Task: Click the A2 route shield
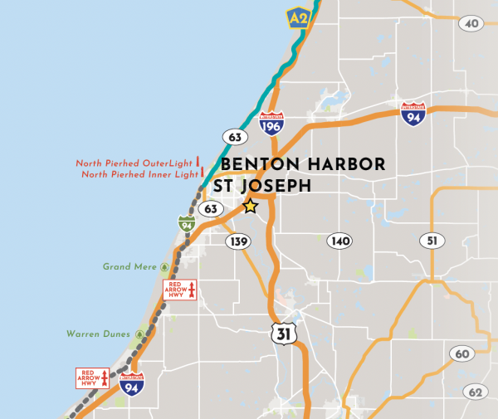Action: (x=298, y=17)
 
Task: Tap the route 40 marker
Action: (x=471, y=24)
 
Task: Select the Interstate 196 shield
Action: (x=271, y=124)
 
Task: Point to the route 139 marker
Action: (x=238, y=241)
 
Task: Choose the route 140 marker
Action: (x=339, y=241)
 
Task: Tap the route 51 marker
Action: (x=431, y=241)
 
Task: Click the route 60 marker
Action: (x=461, y=354)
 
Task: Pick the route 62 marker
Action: (x=475, y=392)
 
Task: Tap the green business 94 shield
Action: (x=187, y=223)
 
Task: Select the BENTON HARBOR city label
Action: (x=303, y=164)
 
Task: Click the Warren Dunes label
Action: (x=99, y=334)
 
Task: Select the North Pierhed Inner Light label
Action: (x=139, y=174)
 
